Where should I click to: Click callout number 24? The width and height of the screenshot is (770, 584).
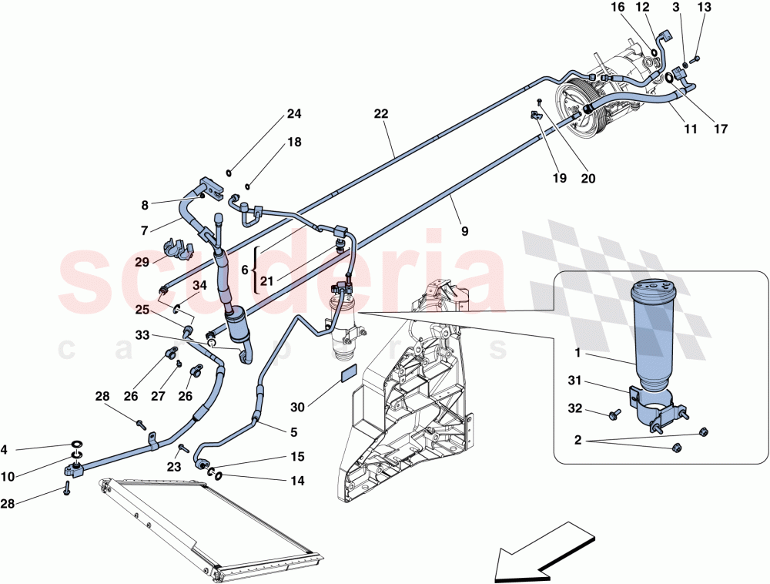(x=293, y=115)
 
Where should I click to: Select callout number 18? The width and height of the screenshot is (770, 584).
(x=293, y=143)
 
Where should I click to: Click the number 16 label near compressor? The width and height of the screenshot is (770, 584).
(x=618, y=8)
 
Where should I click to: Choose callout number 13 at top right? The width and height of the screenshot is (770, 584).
(x=704, y=8)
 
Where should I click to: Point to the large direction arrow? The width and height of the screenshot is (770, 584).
(x=544, y=550)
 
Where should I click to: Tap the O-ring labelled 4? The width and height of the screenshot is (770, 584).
(x=78, y=445)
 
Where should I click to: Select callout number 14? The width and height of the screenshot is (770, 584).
(x=298, y=481)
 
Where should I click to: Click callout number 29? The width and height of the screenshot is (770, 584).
(x=141, y=262)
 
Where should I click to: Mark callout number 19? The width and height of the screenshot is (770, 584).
(x=560, y=178)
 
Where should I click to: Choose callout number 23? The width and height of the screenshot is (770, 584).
(x=173, y=466)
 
